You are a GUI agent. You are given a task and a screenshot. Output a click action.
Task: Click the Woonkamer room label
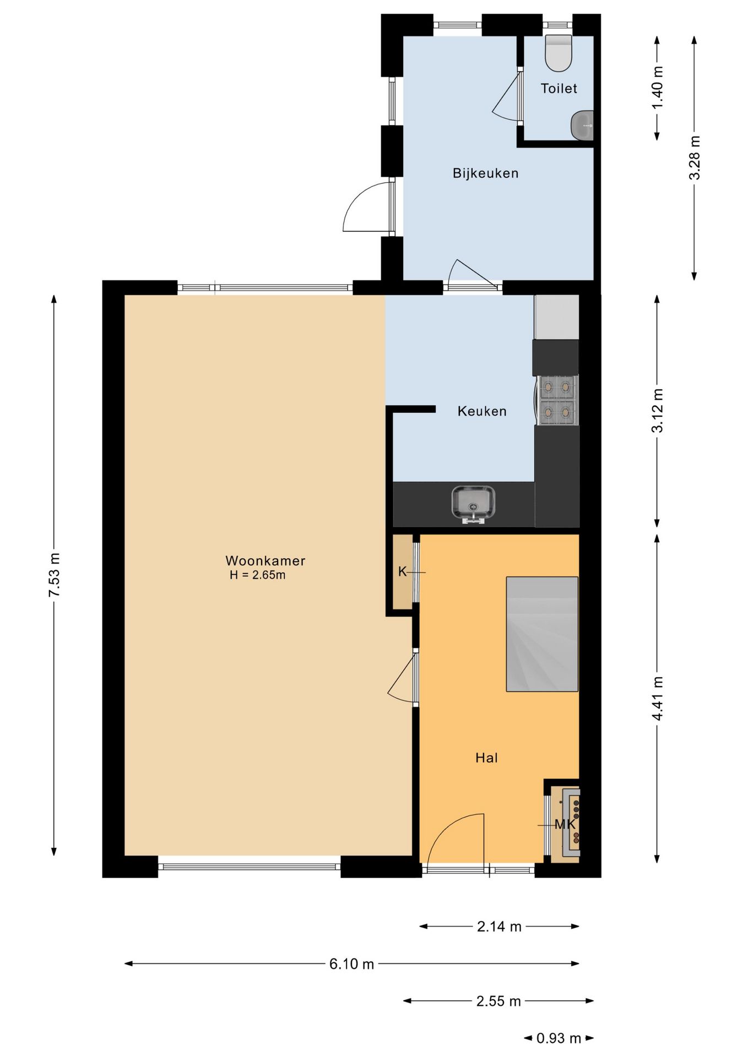point(265,560)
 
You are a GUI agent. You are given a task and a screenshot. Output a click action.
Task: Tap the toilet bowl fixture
point(559,53)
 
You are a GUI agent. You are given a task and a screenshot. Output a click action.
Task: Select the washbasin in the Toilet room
point(582,126)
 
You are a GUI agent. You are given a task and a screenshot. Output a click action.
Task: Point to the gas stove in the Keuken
point(557,400)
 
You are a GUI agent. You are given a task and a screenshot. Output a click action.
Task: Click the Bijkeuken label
point(485,173)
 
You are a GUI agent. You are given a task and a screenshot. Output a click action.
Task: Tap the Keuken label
point(482,411)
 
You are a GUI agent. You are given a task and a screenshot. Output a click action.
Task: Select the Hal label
point(486,758)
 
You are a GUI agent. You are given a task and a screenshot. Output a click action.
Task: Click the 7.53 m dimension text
point(54,575)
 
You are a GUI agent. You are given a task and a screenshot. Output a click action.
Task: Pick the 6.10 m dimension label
point(351,963)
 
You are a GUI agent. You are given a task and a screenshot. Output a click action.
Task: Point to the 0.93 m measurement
point(559,1038)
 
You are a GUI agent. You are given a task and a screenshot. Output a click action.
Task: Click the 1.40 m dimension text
point(657,87)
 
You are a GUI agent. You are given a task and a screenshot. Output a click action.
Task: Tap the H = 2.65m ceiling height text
point(258,575)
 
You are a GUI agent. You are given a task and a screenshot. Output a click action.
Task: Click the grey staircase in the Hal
point(542,634)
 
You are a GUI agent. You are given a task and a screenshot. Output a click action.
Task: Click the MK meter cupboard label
point(565,824)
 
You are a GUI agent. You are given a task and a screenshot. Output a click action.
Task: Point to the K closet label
point(402,571)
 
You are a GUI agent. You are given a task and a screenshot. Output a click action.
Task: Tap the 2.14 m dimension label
point(499,927)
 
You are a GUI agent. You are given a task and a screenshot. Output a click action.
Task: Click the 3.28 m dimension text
point(695,157)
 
